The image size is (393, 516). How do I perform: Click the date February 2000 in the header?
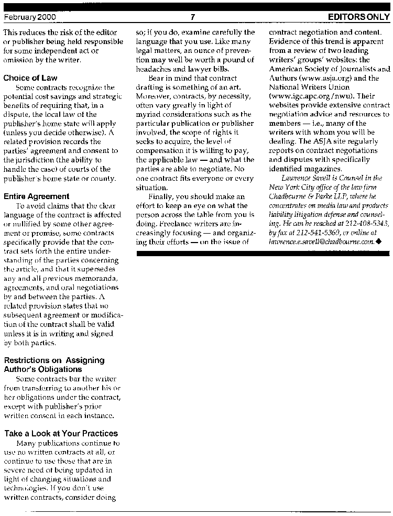click(30, 17)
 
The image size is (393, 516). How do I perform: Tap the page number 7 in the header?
click(193, 17)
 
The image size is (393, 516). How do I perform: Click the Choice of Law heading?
click(30, 78)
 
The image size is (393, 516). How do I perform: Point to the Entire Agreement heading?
click(36, 196)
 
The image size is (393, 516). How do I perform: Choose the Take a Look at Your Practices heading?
click(61, 433)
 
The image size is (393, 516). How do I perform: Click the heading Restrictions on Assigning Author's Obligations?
click(54, 365)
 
